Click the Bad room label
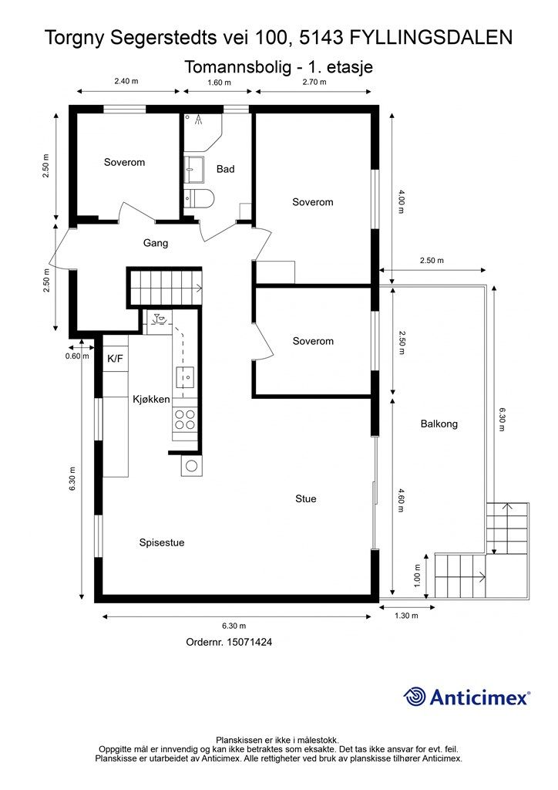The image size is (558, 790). click(x=225, y=169)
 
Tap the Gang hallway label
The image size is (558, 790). click(x=156, y=243)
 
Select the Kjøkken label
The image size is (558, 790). click(x=151, y=400)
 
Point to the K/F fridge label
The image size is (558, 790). click(x=116, y=359)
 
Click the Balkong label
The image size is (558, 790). click(x=439, y=424)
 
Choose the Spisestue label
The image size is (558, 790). click(x=162, y=542)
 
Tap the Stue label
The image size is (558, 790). click(x=306, y=499)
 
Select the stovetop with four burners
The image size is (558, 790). click(x=184, y=419)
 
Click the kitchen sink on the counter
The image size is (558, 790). click(x=185, y=376)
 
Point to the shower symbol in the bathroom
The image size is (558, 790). click(x=199, y=120)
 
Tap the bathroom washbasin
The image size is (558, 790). click(x=193, y=170)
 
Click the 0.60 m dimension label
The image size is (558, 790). click(x=77, y=356)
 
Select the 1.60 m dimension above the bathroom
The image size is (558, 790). click(x=220, y=83)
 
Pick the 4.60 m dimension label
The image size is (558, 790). click(x=401, y=500)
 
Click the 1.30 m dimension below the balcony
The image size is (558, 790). click(x=406, y=615)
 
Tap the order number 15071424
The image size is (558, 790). click(x=250, y=642)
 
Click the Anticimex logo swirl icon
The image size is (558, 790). click(x=415, y=697)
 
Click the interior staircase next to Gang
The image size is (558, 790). click(x=166, y=287)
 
